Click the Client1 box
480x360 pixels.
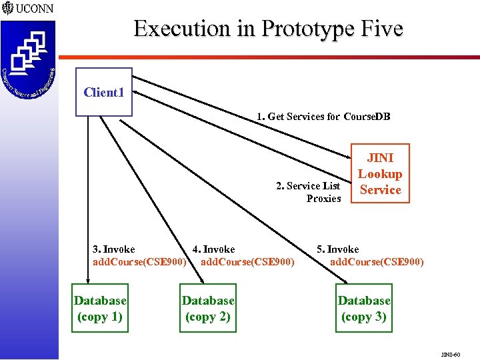click(x=103, y=92)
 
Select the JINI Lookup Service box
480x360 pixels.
click(x=380, y=173)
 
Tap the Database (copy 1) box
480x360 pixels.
click(x=100, y=309)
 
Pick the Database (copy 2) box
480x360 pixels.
click(x=208, y=309)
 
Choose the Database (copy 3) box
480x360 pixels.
click(x=364, y=309)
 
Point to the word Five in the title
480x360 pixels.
click(x=380, y=29)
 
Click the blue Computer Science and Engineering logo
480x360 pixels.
click(x=28, y=60)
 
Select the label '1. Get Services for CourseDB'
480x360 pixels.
click(x=323, y=117)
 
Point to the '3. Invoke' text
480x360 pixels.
click(x=114, y=249)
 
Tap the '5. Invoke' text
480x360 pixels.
click(x=338, y=249)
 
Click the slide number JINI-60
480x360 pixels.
click(x=450, y=354)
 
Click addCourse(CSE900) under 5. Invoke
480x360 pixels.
click(x=377, y=262)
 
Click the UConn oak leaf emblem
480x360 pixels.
click(x=7, y=9)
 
